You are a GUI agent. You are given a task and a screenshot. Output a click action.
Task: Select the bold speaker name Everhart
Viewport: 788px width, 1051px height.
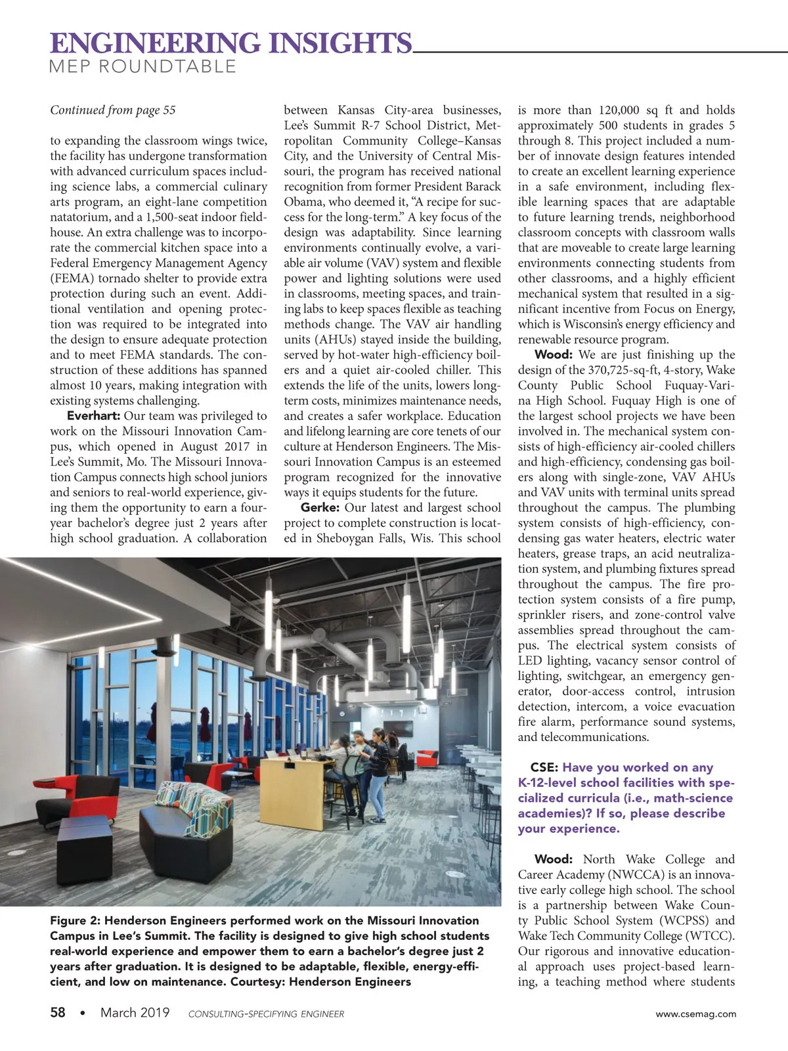93,416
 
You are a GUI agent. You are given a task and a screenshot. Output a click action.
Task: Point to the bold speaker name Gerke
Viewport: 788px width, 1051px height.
320,508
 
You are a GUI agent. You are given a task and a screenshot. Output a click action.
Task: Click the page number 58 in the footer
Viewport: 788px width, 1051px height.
58,1013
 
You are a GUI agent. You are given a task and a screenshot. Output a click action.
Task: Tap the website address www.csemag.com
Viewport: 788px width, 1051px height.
695,1014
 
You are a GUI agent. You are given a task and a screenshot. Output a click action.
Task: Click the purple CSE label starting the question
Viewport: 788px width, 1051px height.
544,767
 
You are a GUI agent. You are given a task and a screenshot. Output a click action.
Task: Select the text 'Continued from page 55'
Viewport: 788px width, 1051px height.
113,110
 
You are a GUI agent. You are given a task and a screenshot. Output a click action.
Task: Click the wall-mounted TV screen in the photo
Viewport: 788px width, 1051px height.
398,728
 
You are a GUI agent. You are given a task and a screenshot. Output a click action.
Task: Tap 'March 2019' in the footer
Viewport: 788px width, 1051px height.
135,1013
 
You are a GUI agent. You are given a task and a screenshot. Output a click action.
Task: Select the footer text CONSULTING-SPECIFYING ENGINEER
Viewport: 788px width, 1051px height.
266,1014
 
